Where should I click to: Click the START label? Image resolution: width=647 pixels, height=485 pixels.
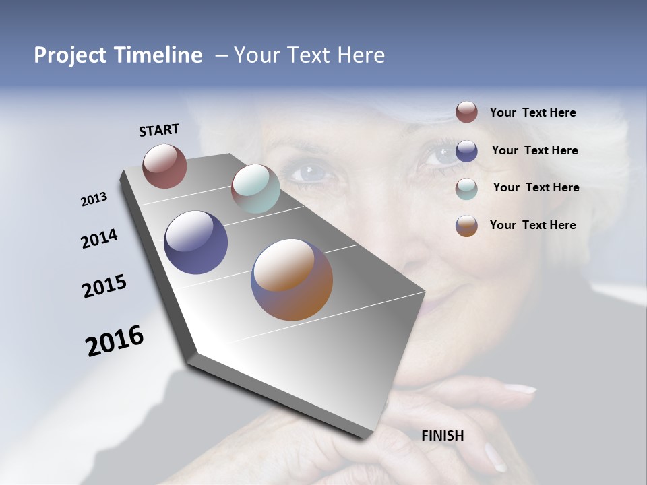tap(159, 129)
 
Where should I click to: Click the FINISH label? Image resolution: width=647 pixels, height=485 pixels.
tap(443, 436)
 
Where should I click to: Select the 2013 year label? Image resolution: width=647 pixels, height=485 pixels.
tap(94, 199)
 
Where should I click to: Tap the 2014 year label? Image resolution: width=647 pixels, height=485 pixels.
tap(99, 239)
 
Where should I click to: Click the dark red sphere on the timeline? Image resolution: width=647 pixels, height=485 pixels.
tap(164, 166)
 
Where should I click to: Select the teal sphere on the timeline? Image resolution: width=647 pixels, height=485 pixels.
tap(255, 189)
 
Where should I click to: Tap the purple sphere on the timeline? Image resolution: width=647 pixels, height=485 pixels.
tap(195, 243)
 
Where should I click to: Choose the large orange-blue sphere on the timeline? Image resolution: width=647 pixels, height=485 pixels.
tap(292, 280)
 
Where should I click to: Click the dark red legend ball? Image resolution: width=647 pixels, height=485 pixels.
tap(466, 112)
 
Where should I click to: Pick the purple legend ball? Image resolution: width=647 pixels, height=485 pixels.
tap(466, 151)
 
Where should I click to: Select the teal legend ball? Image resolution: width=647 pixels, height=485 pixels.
tap(466, 189)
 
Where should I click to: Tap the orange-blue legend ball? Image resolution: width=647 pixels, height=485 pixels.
tap(466, 226)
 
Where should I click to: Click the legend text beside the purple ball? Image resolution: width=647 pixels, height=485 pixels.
tap(534, 150)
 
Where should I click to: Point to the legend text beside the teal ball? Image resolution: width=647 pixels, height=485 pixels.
tap(536, 187)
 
